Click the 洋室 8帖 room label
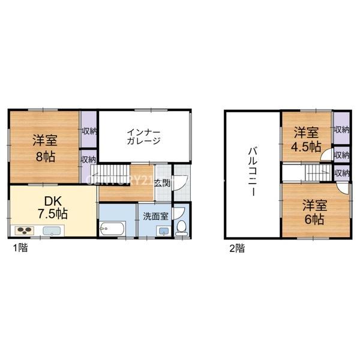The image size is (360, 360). click(45, 148)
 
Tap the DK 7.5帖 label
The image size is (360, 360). click(53, 208)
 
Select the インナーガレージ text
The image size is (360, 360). click(144, 137)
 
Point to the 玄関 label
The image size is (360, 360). click(163, 184)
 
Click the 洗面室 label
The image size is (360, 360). click(155, 216)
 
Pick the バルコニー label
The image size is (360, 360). click(253, 172)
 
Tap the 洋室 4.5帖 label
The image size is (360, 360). click(306, 140)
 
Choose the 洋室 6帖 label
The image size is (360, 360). click(315, 212)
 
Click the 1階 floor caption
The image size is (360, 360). click(20, 248)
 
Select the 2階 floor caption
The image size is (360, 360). click(237, 248)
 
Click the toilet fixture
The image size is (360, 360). click(182, 228)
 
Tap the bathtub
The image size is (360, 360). click(113, 228)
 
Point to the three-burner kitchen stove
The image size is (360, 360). click(25, 230)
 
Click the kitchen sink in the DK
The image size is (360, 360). click(52, 231)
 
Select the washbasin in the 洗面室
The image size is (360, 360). click(164, 231)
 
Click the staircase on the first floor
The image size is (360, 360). click(110, 174)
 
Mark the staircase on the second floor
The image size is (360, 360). click(319, 173)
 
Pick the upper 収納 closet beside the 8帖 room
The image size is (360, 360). click(89, 130)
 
